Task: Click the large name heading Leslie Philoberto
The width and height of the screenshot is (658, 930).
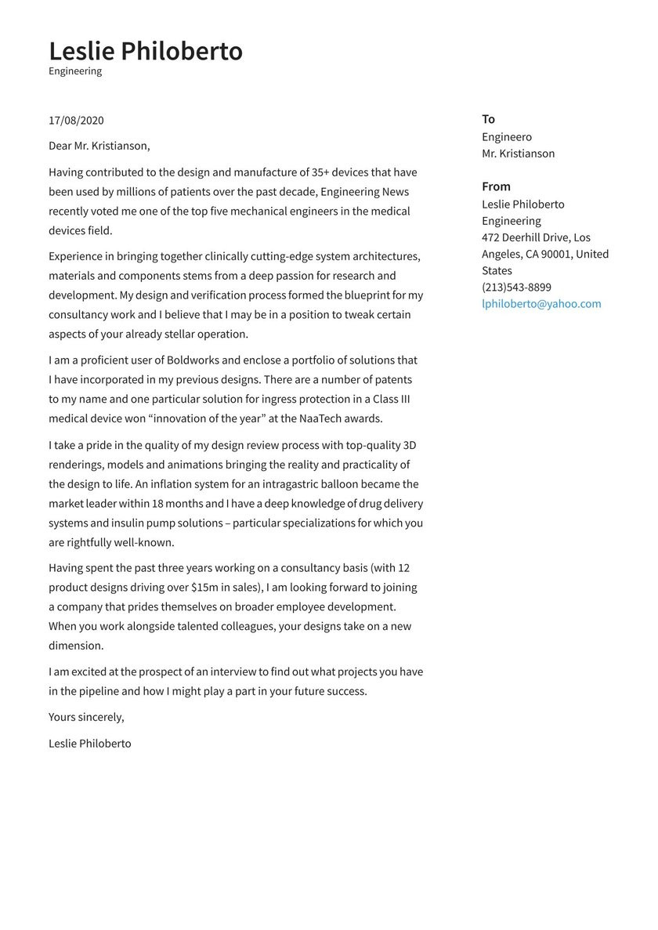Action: point(146,51)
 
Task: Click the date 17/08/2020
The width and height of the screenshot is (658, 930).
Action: point(76,120)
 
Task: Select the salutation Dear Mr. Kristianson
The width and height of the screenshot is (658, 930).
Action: point(99,146)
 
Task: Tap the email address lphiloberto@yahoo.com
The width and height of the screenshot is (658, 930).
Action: point(541,304)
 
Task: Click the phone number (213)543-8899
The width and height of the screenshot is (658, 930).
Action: point(516,288)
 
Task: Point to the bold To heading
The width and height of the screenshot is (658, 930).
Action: point(488,119)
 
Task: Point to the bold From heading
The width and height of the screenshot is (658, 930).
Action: point(496,186)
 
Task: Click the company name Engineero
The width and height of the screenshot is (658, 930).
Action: point(507,137)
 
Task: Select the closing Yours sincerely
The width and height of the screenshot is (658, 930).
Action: point(86,717)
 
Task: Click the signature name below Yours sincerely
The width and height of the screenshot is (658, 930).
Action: point(89,744)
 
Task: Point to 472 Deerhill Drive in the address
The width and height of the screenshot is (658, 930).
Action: point(526,237)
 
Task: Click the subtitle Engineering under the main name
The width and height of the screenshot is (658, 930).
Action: point(75,71)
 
